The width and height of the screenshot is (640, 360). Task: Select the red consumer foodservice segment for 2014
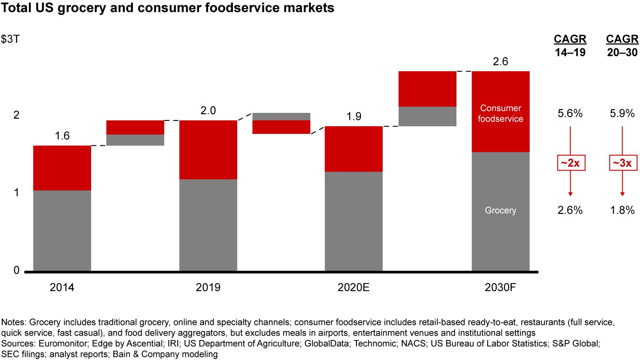point(62,168)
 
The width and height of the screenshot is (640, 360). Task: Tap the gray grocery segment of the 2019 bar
point(208,225)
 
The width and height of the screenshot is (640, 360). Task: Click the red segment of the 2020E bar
point(354,149)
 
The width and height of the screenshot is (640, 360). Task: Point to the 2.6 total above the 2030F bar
point(500,62)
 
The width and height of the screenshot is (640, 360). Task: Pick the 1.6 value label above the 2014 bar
point(62,136)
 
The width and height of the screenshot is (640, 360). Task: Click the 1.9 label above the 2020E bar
point(354,116)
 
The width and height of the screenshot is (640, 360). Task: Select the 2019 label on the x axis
point(208,288)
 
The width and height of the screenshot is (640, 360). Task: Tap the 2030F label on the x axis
point(500,288)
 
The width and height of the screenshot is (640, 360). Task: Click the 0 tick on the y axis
point(16,270)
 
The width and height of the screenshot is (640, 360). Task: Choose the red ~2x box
point(570,163)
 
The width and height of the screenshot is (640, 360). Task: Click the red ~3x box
point(622,163)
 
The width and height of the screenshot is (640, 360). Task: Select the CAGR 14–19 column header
point(570,45)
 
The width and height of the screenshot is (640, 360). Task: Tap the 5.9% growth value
point(622,114)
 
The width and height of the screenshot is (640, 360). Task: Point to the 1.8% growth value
point(622,211)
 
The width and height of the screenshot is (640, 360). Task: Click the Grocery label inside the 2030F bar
point(500,210)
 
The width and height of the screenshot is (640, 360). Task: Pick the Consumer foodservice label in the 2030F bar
point(500,113)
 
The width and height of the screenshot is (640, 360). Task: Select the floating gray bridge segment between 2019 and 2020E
point(281,116)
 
